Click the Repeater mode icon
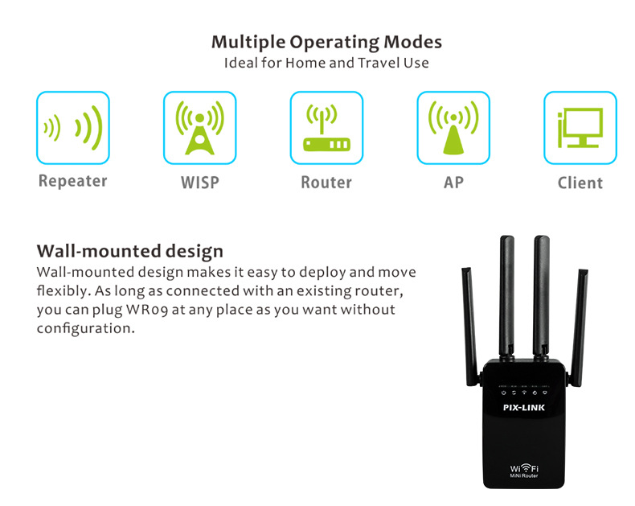73,127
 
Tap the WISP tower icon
199,127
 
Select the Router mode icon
326,127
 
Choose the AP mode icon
453,127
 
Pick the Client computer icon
580,127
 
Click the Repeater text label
73,181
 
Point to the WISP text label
200,183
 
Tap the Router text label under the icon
326,183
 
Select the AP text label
453,183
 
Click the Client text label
580,183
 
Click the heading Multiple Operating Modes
326,42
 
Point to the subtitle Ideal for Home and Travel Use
326,63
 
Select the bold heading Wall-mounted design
130,251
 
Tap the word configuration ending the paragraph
85,328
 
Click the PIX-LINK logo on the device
524,407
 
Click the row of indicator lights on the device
524,390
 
